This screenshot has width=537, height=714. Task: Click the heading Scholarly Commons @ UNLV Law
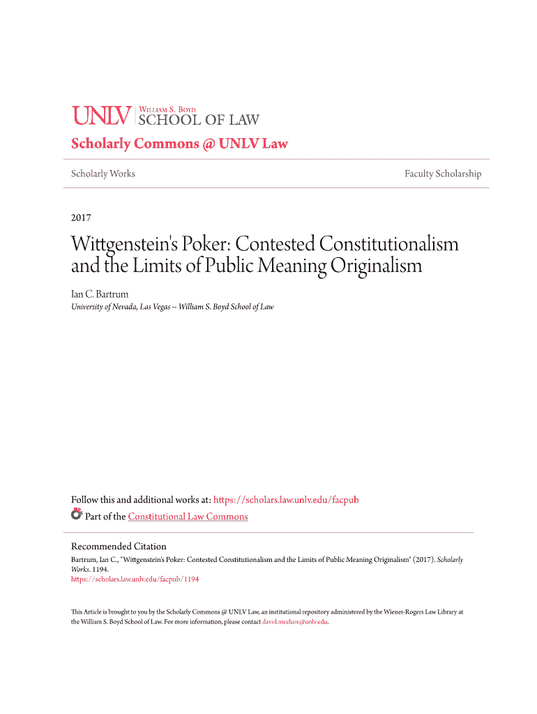(x=179, y=144)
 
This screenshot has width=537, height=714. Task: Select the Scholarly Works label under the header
(x=103, y=174)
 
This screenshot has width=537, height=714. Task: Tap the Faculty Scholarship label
(x=443, y=174)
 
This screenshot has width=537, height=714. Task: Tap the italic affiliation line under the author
(x=172, y=307)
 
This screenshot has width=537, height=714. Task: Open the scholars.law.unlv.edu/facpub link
(x=286, y=500)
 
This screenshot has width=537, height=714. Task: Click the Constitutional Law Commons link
(x=188, y=517)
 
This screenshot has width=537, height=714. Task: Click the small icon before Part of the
(x=77, y=515)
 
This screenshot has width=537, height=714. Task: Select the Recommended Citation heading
(x=119, y=547)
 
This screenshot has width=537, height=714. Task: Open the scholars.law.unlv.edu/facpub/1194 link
(x=135, y=579)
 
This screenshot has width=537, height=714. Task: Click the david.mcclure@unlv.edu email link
(x=294, y=621)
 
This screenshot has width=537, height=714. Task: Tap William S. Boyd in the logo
(x=168, y=109)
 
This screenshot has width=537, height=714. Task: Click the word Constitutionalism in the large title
(x=388, y=245)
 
